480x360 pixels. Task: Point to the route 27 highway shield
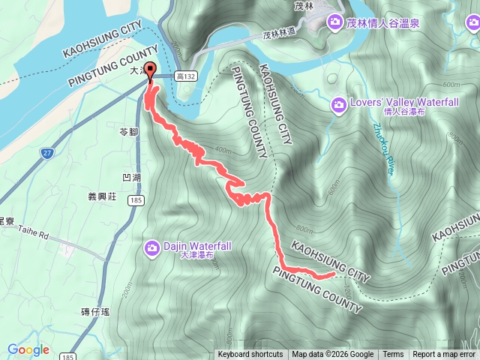point(47,152)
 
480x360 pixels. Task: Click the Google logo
point(28,349)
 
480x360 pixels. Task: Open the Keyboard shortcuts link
point(250,355)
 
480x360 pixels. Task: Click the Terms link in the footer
point(393,355)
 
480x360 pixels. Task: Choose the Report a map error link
point(444,355)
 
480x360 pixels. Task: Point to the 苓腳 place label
point(128,132)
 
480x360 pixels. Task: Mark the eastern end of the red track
point(332,276)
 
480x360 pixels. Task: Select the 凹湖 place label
point(130,178)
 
